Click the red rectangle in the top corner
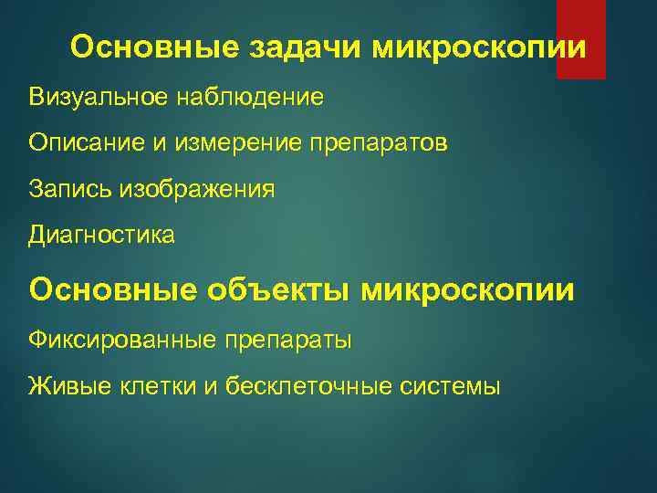[x=581, y=38]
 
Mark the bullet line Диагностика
[x=101, y=236]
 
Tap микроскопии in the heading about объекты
[x=468, y=290]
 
